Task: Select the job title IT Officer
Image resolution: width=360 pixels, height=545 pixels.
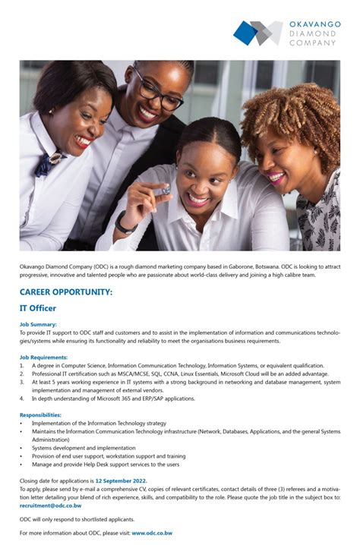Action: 38,308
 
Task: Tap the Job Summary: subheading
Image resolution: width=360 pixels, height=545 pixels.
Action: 38,324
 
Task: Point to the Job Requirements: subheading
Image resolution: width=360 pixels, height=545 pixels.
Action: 43,357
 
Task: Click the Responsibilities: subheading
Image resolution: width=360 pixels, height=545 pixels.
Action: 40,415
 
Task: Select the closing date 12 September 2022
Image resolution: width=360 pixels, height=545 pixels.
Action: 121,481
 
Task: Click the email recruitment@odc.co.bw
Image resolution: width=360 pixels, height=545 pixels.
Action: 50,505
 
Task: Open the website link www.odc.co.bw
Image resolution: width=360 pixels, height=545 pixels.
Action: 152,534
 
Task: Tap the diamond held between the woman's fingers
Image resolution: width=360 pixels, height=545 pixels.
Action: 166,189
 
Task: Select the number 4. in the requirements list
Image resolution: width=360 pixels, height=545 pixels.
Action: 22,398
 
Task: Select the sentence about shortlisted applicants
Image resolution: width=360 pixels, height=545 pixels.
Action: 77,519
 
